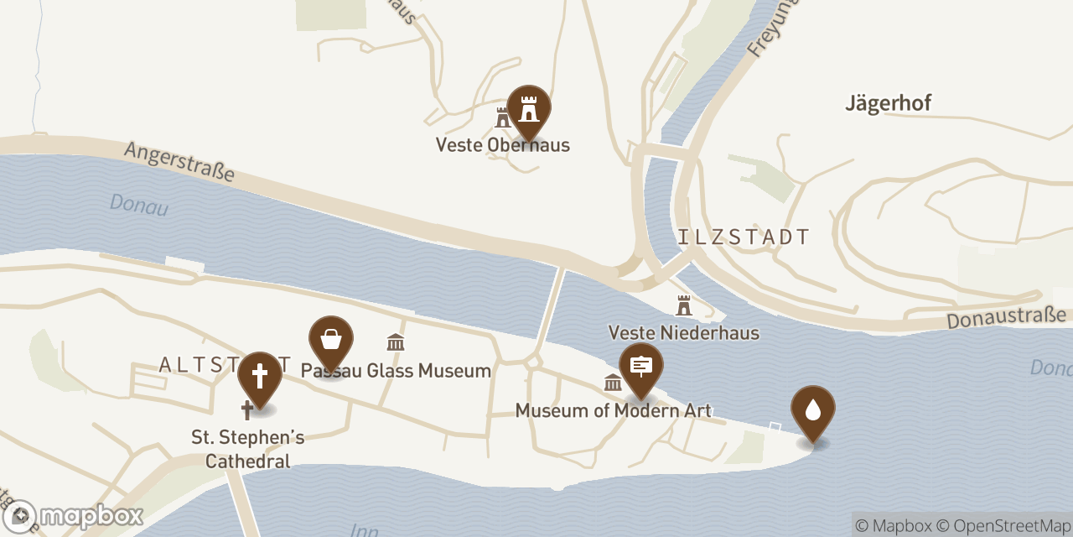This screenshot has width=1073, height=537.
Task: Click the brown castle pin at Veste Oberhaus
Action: [528, 109]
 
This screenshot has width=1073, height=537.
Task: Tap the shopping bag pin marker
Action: [331, 341]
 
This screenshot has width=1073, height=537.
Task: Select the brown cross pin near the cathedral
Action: [260, 376]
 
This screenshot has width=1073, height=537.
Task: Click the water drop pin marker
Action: [812, 409]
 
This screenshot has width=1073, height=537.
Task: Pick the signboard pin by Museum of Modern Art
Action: [641, 367]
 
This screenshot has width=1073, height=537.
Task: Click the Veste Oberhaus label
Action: [502, 145]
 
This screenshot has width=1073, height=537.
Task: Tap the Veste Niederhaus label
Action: [684, 333]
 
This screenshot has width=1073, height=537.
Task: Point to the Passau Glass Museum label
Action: [396, 370]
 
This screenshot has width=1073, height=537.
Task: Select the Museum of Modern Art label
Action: [613, 410]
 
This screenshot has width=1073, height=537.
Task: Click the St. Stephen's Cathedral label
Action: [247, 449]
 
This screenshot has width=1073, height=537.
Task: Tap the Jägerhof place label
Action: [888, 103]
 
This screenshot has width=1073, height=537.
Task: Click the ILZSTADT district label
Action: [744, 237]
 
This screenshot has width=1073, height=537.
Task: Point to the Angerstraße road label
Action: [179, 162]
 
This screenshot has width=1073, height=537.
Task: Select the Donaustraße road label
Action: [1006, 319]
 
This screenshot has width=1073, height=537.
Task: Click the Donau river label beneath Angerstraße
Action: [138, 205]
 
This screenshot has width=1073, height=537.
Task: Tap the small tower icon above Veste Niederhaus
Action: [684, 305]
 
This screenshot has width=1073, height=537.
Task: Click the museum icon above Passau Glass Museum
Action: [396, 342]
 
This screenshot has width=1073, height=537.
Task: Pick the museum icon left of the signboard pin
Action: [613, 383]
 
